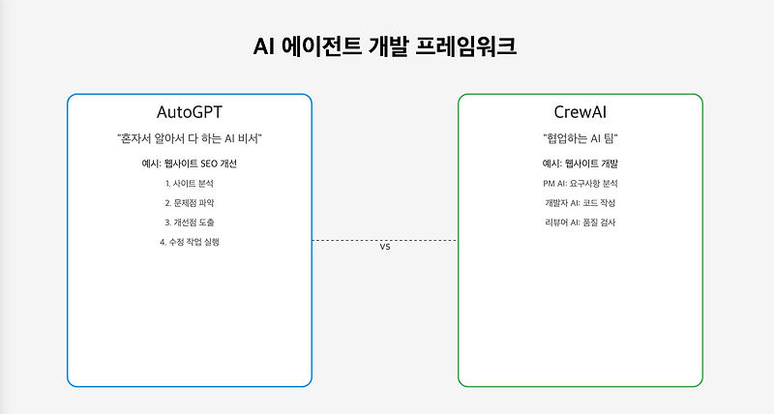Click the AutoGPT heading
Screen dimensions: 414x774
(190, 112)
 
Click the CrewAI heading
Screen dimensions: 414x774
(580, 112)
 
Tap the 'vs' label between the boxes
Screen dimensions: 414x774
(384, 248)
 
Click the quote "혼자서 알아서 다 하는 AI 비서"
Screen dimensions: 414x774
(190, 139)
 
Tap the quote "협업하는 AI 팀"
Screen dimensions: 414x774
(580, 139)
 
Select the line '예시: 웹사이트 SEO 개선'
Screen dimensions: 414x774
(190, 163)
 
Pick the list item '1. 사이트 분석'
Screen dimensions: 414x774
(190, 183)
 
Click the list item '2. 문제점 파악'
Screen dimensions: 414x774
(190, 202)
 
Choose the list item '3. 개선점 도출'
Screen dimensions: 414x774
(190, 222)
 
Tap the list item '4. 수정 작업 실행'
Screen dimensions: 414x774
(190, 242)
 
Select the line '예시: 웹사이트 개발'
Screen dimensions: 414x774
(580, 163)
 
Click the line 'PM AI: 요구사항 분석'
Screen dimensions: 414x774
(580, 183)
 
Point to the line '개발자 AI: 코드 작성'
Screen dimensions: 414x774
(580, 202)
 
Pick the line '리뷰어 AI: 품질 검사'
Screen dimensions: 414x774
(580, 222)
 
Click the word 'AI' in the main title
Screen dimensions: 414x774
(264, 47)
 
